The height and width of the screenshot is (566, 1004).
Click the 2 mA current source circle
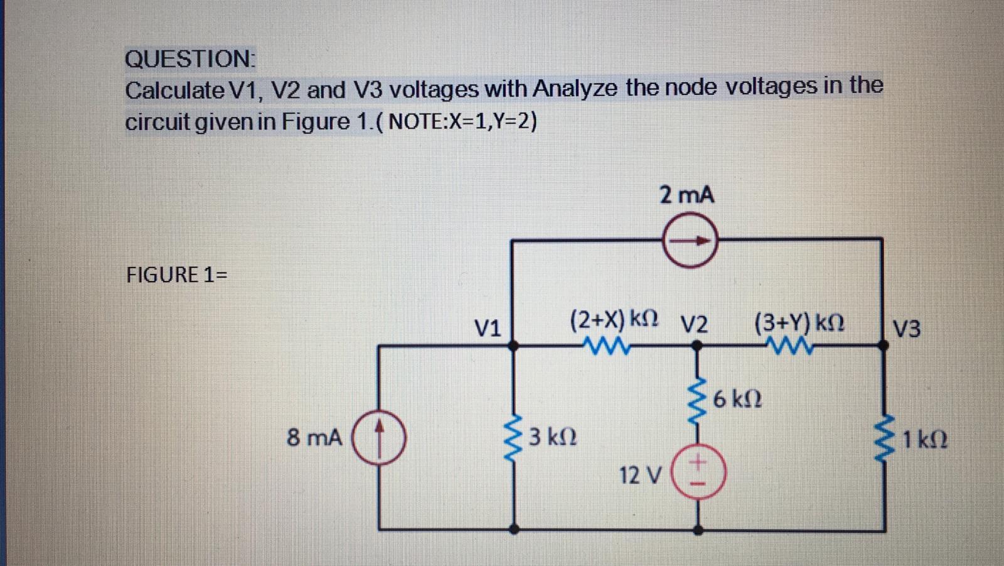(x=690, y=241)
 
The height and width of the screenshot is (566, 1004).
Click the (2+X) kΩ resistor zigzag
(x=605, y=345)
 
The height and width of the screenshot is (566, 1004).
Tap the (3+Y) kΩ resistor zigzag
(x=793, y=345)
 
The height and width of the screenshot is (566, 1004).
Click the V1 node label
(x=487, y=327)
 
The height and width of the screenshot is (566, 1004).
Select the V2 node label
(x=695, y=325)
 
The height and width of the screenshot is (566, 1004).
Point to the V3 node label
(x=907, y=328)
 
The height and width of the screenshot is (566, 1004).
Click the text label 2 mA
(x=686, y=195)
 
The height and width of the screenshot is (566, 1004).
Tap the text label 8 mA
(x=314, y=437)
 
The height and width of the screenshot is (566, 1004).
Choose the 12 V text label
(x=639, y=476)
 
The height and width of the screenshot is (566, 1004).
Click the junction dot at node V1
(x=513, y=345)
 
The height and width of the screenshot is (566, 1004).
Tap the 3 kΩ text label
(x=552, y=436)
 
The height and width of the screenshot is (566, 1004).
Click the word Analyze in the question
(x=575, y=89)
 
